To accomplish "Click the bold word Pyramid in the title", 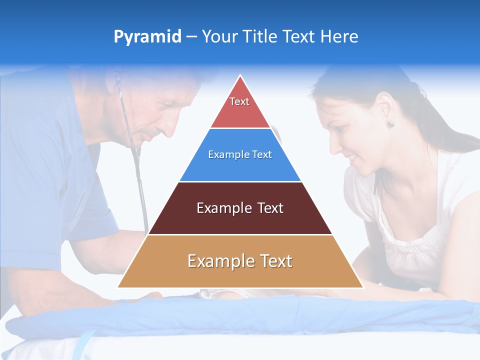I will [x=147, y=37].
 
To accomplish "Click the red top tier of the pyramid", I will [x=240, y=107].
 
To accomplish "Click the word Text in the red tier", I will [x=239, y=101].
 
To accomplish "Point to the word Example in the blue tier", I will [x=225, y=154].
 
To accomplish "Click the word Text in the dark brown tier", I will [x=270, y=208].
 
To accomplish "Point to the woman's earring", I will [x=390, y=123].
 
